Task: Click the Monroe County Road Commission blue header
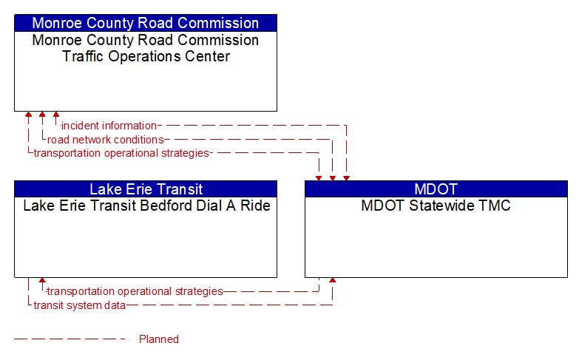tap(146, 23)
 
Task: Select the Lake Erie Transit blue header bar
tap(146, 189)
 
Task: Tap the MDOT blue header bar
tap(436, 189)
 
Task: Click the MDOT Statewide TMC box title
tap(436, 206)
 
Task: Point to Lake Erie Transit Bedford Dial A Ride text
tap(146, 206)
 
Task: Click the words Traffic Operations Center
tap(146, 56)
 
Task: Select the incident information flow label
tap(109, 126)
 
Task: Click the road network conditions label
tap(106, 140)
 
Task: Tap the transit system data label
tap(79, 305)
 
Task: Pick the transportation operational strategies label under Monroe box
tap(121, 153)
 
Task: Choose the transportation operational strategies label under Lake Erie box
tap(135, 291)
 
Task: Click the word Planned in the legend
tap(159, 339)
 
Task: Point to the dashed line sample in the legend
tap(70, 339)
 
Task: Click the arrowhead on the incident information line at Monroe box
tap(56, 115)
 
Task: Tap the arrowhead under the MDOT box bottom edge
tap(333, 281)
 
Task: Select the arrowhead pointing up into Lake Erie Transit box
tap(42, 281)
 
